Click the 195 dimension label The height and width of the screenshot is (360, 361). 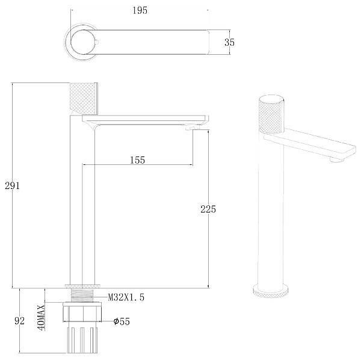140,10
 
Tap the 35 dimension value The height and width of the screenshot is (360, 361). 229,42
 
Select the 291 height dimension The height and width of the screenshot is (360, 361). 12,185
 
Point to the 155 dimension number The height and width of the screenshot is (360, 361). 137,160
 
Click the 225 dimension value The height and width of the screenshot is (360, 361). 208,209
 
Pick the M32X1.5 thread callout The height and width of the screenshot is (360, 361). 126,297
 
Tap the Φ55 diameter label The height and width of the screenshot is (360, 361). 122,321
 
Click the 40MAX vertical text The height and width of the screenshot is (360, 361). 42,318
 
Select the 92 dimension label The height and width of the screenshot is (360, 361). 19,321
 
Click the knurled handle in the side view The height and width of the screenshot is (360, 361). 84,99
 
